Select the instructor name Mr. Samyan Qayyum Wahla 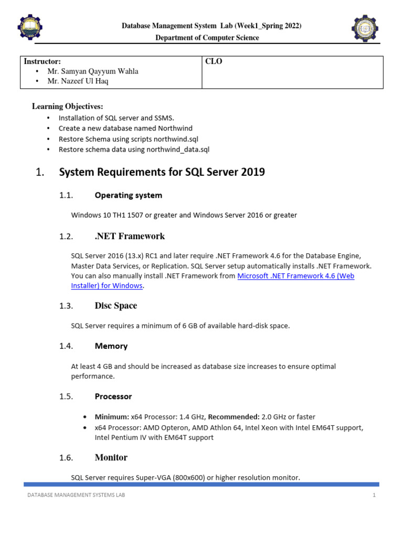click(92, 71)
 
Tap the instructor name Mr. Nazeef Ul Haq click(78, 81)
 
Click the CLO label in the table click(214, 61)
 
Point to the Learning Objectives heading click(68, 106)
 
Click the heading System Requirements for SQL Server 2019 click(162, 172)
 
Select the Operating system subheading click(128, 195)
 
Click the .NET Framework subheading click(130, 237)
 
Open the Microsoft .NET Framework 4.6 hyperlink click(295, 276)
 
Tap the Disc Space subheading click(115, 306)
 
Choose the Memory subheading click(111, 346)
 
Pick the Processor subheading click(113, 396)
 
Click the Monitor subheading click(111, 458)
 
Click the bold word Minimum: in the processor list click(112, 417)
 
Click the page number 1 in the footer click(375, 495)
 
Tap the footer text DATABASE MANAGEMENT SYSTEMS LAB click(76, 495)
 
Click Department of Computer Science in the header click(207, 38)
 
